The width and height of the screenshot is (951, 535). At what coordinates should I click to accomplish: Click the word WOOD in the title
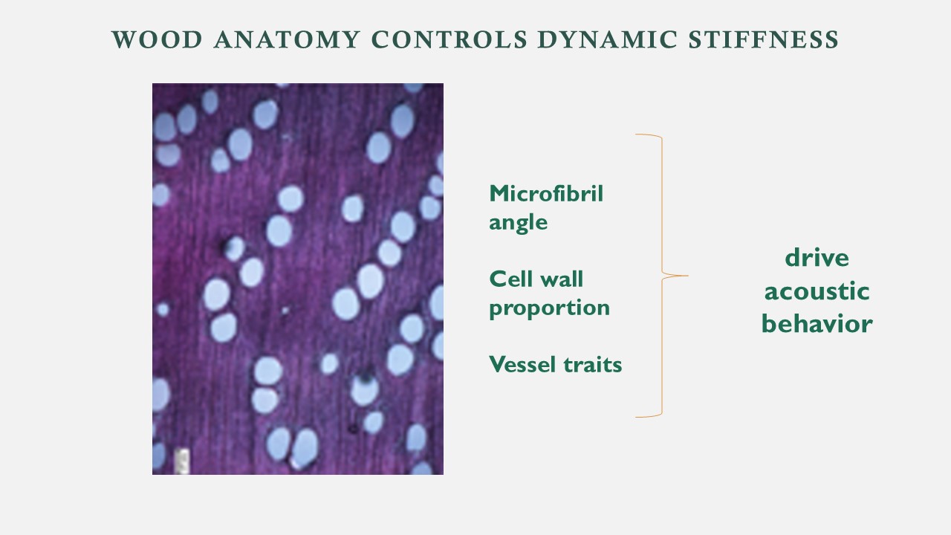[157, 39]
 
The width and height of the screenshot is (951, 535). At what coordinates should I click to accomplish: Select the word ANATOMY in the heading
[287, 39]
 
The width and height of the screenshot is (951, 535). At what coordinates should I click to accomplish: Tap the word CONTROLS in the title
[449, 39]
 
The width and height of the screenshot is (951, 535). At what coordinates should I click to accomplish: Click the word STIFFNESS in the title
[763, 39]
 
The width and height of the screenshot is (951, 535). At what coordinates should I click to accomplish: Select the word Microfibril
[546, 194]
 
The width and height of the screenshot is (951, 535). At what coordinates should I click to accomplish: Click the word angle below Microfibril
[519, 223]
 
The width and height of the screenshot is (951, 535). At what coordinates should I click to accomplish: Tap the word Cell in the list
[507, 279]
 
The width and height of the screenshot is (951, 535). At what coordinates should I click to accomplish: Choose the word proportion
[549, 308]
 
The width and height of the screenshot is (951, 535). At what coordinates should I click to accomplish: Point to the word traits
[593, 364]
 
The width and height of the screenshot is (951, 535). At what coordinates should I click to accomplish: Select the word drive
[817, 258]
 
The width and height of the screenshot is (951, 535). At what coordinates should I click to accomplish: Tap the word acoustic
[817, 291]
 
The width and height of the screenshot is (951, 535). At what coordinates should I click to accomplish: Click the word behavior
[817, 323]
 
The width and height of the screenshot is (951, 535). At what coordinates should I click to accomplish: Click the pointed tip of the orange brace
[688, 276]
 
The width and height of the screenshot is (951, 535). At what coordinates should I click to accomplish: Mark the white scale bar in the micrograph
[182, 461]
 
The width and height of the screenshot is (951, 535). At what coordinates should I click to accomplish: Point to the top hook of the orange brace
[649, 135]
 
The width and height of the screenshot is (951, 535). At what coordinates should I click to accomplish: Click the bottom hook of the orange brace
[649, 416]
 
